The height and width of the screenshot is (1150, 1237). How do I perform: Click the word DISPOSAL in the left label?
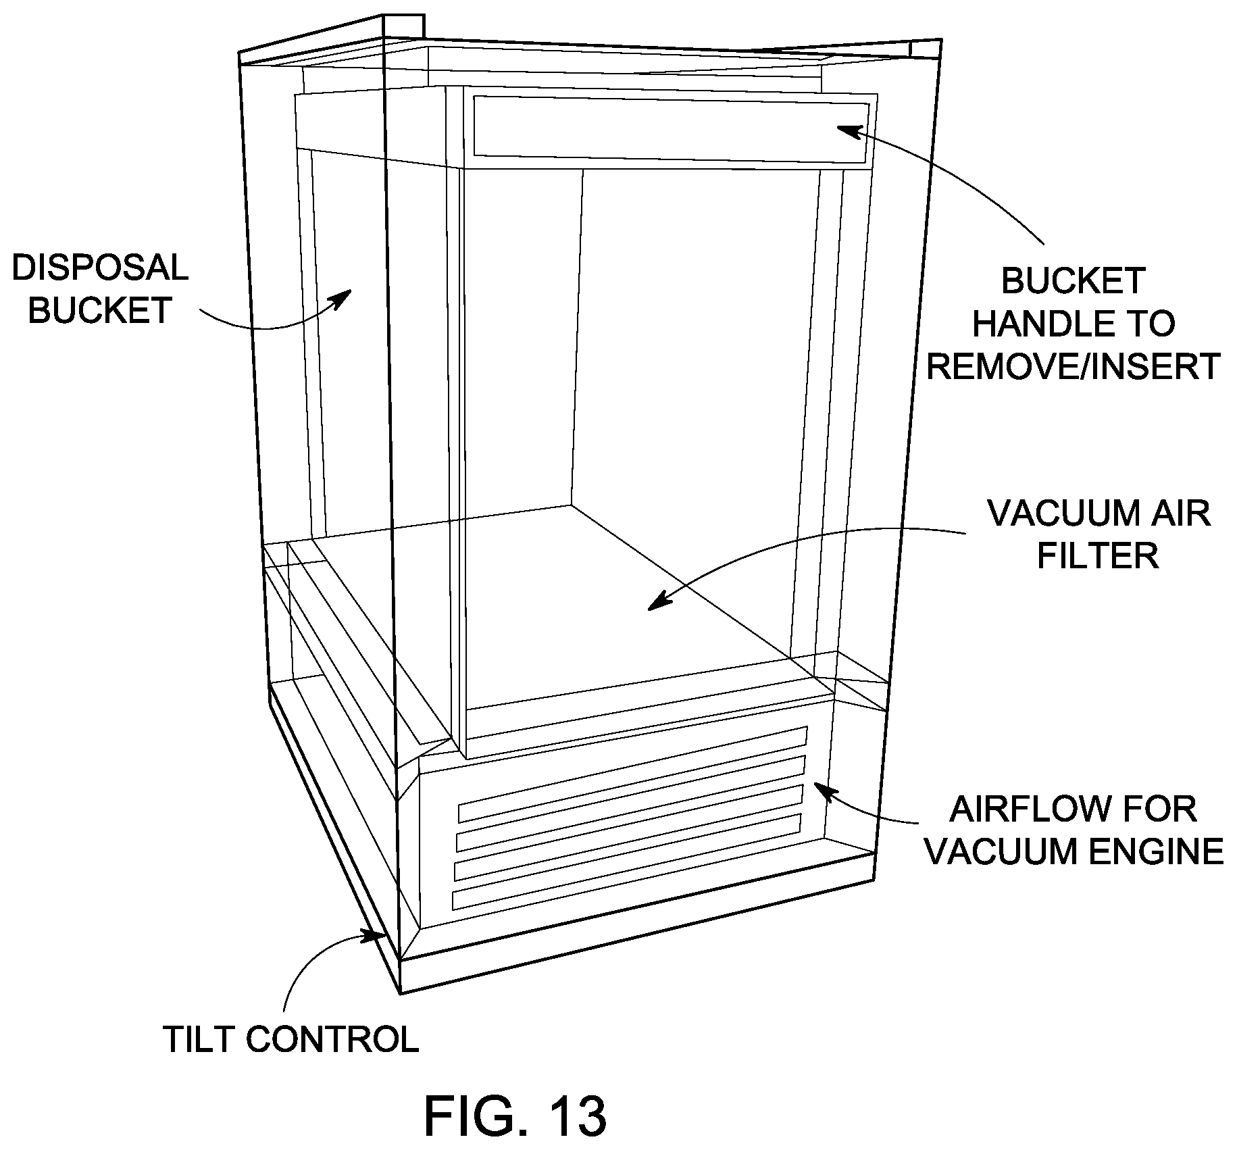(x=100, y=268)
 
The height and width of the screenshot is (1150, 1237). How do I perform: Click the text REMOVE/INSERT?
(x=1074, y=366)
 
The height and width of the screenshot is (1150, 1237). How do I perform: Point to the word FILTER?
(x=1098, y=555)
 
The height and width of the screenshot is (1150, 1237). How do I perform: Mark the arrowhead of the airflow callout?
(x=821, y=789)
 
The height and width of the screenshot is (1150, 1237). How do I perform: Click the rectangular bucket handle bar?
(x=671, y=130)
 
